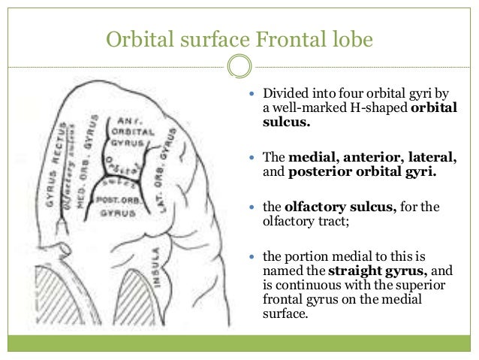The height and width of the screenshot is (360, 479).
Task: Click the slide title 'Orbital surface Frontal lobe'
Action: [x=239, y=38]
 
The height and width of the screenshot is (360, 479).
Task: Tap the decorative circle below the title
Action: [x=239, y=67]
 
